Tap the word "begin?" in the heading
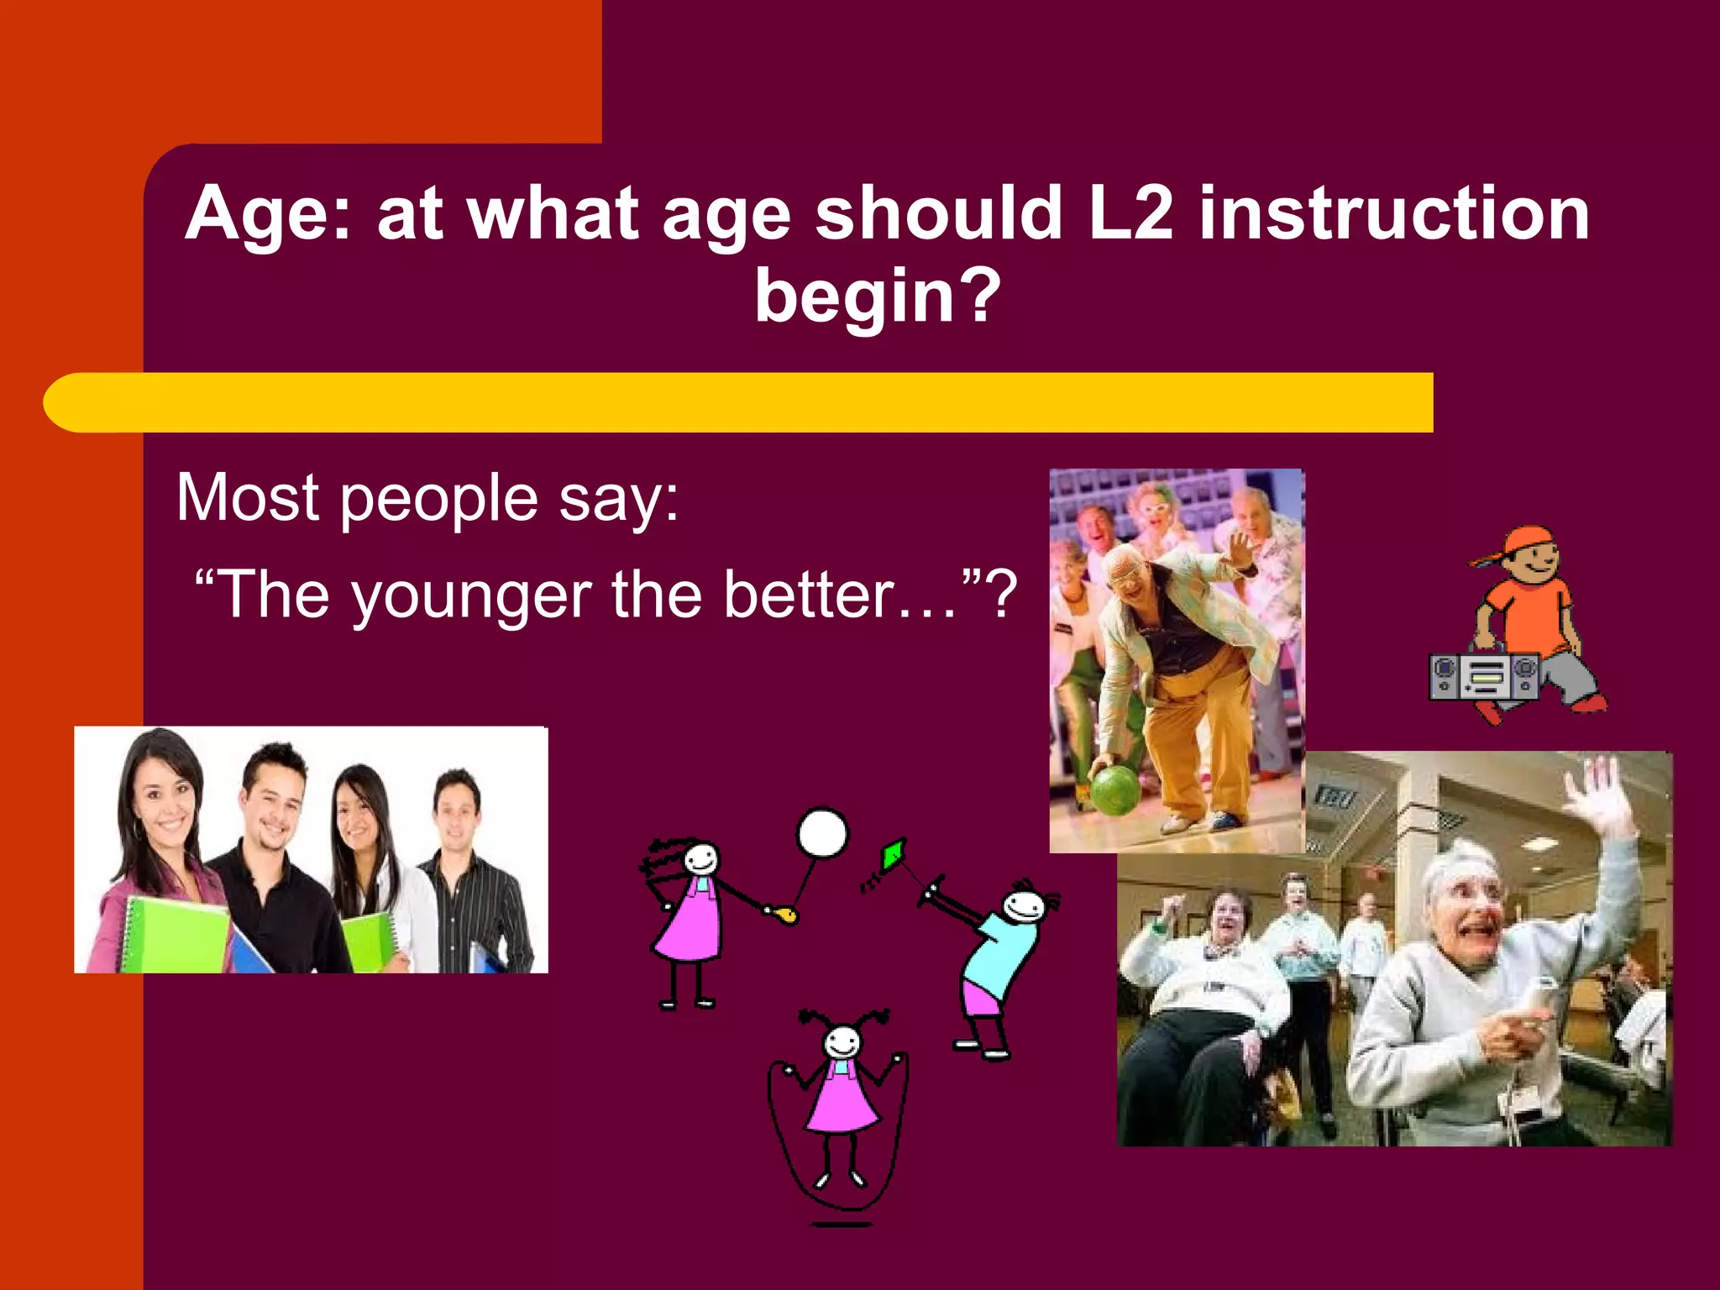coord(878,296)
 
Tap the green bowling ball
coord(1115,789)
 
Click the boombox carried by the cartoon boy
coord(1484,677)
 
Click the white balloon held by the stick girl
coord(822,833)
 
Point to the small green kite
coord(893,855)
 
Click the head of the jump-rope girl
coord(841,1043)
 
